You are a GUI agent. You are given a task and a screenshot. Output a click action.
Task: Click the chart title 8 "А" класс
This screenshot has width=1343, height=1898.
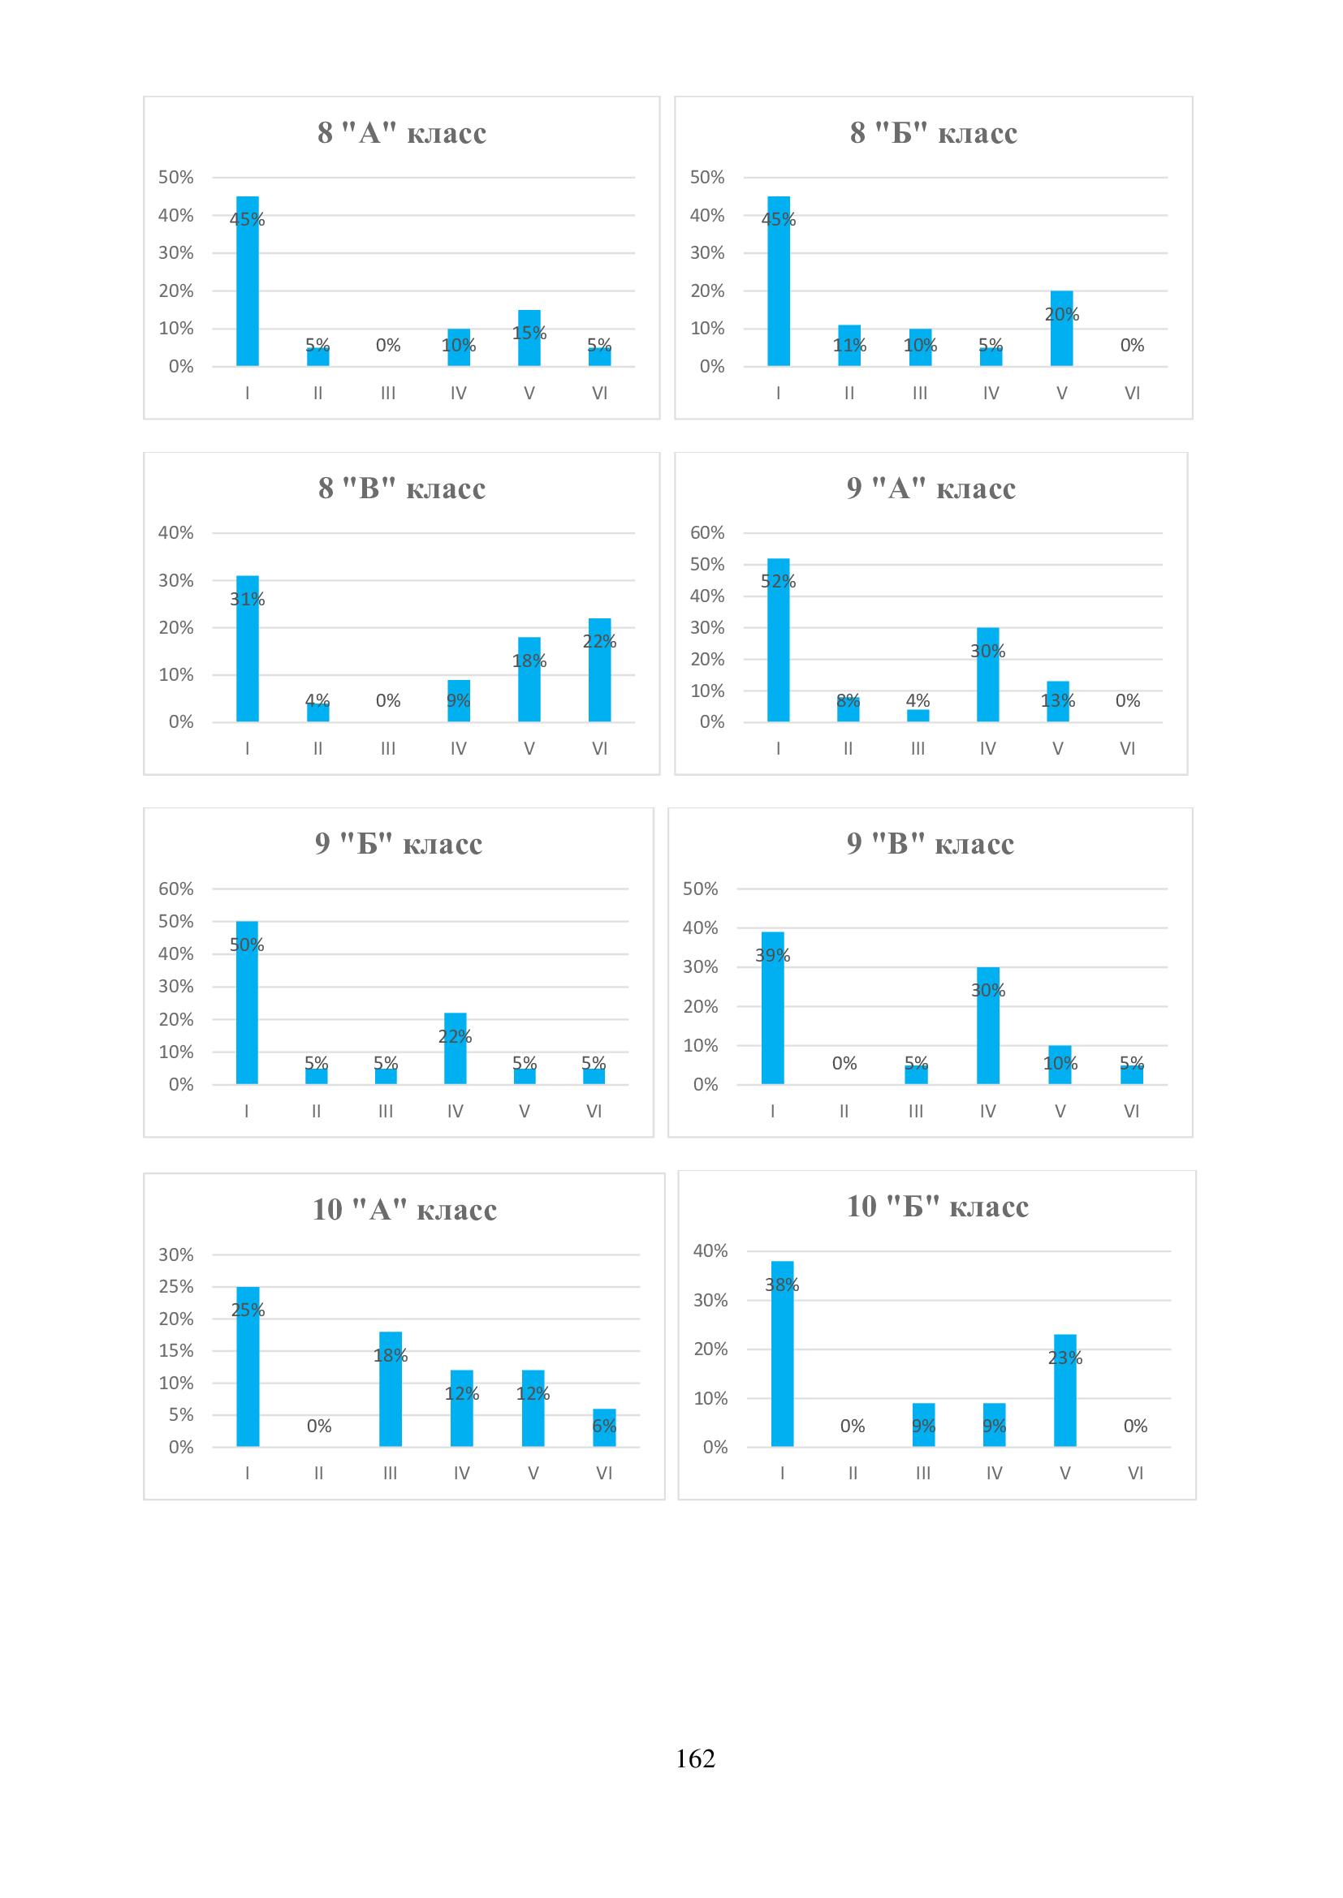pos(402,133)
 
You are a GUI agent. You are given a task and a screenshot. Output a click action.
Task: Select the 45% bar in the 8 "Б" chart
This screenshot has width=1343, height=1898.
pos(778,281)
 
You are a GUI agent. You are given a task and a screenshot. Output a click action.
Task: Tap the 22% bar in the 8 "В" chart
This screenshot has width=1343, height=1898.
pos(599,669)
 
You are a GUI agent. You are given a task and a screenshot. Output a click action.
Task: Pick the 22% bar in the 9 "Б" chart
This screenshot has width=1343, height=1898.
pos(455,1048)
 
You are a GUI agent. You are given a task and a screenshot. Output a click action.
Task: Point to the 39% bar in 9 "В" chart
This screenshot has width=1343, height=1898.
pos(772,1008)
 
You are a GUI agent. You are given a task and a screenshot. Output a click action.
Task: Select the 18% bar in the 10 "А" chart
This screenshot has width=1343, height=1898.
pos(391,1388)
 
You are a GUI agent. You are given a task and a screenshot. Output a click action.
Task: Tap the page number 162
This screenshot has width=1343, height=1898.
pos(695,1758)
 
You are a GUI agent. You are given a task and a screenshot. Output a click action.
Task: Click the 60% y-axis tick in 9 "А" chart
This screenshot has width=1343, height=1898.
pos(707,533)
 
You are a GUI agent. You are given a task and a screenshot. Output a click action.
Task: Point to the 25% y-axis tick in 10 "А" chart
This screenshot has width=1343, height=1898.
pos(176,1286)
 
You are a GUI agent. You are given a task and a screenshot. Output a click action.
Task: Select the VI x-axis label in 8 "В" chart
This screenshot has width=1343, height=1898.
pos(599,749)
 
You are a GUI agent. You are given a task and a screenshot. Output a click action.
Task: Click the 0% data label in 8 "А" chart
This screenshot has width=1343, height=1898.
pos(388,346)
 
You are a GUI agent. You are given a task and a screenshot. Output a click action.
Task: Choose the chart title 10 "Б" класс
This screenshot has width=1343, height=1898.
pos(937,1207)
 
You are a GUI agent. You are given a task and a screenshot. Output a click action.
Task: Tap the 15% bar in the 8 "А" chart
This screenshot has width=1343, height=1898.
pos(529,338)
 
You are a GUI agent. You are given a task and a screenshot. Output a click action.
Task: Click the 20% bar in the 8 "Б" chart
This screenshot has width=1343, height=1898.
pos(1062,328)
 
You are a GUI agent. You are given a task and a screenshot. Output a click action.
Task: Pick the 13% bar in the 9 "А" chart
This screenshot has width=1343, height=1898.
pos(1058,702)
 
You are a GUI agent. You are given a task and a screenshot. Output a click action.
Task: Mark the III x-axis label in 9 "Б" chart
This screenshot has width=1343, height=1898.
pos(386,1112)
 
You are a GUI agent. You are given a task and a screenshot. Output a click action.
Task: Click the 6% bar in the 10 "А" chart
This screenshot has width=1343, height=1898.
pos(605,1427)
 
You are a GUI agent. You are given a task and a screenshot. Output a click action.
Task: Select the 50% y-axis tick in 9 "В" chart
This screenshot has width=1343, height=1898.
pos(700,889)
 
